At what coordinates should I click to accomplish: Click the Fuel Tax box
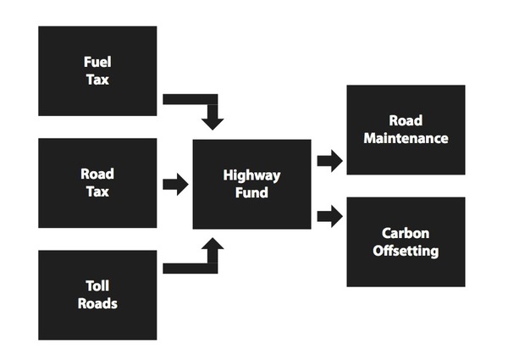97,70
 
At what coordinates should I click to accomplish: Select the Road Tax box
97,182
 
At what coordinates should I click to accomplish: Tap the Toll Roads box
97,294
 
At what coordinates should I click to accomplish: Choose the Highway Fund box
251,184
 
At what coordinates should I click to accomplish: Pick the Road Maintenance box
406,129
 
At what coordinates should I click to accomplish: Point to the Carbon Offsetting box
406,241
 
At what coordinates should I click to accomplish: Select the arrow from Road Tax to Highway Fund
175,184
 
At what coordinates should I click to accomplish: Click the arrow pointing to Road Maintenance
329,160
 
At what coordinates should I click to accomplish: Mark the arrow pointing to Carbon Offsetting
329,216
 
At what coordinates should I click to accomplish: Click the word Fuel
97,63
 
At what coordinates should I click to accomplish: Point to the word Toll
97,286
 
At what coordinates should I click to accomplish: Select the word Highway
251,175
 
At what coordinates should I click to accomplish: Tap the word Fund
251,192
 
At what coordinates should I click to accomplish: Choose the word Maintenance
406,137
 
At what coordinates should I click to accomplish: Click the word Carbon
406,233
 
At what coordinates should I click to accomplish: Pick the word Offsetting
406,251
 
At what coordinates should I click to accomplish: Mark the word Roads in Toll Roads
97,303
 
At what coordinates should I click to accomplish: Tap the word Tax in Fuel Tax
97,80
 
